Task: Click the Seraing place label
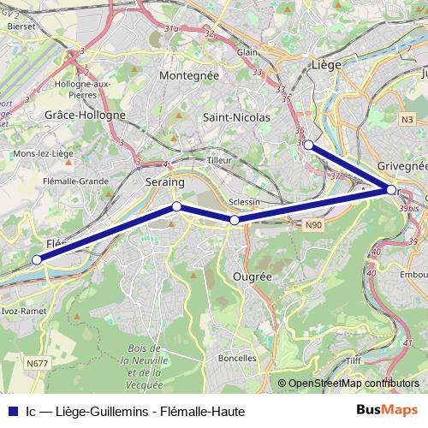click(x=165, y=182)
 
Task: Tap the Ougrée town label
click(x=253, y=277)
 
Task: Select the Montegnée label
click(x=189, y=75)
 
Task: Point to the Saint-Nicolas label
click(x=238, y=116)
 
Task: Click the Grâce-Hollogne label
click(x=85, y=115)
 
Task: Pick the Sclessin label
click(x=245, y=203)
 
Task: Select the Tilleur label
click(x=220, y=160)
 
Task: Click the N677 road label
click(x=37, y=363)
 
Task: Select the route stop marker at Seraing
click(x=176, y=206)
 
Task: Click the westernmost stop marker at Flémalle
click(x=37, y=259)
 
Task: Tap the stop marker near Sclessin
click(x=235, y=220)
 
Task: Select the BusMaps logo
click(x=388, y=409)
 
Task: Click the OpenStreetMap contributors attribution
click(x=348, y=383)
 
